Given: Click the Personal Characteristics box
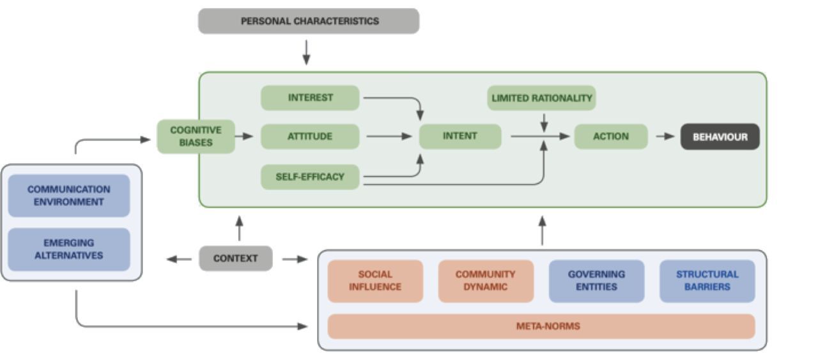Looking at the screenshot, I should coord(309,21).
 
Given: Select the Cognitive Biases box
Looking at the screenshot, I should coord(196,136).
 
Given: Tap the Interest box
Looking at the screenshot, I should coord(310,98).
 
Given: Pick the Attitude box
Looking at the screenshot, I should coord(310,136).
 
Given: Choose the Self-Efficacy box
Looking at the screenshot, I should coord(310,176).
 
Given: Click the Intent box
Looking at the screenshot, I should coord(459,136).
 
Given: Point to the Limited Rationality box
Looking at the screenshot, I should coord(541,98).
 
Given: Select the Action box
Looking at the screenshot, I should coord(610,136).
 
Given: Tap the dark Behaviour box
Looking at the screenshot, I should coord(720,137).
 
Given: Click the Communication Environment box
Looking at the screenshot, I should coord(68,196).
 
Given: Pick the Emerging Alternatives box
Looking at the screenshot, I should coord(68,249).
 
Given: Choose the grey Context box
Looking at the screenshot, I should coord(235,258).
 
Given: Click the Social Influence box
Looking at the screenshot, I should coord(375,281).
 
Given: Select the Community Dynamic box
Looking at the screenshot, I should coord(485,281).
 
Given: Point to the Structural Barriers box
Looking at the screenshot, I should coord(707,281).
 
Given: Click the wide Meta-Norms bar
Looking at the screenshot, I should coord(541,326).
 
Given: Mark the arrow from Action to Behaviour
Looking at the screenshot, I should coord(665,136).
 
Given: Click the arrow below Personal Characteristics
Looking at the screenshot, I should coord(306,52).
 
